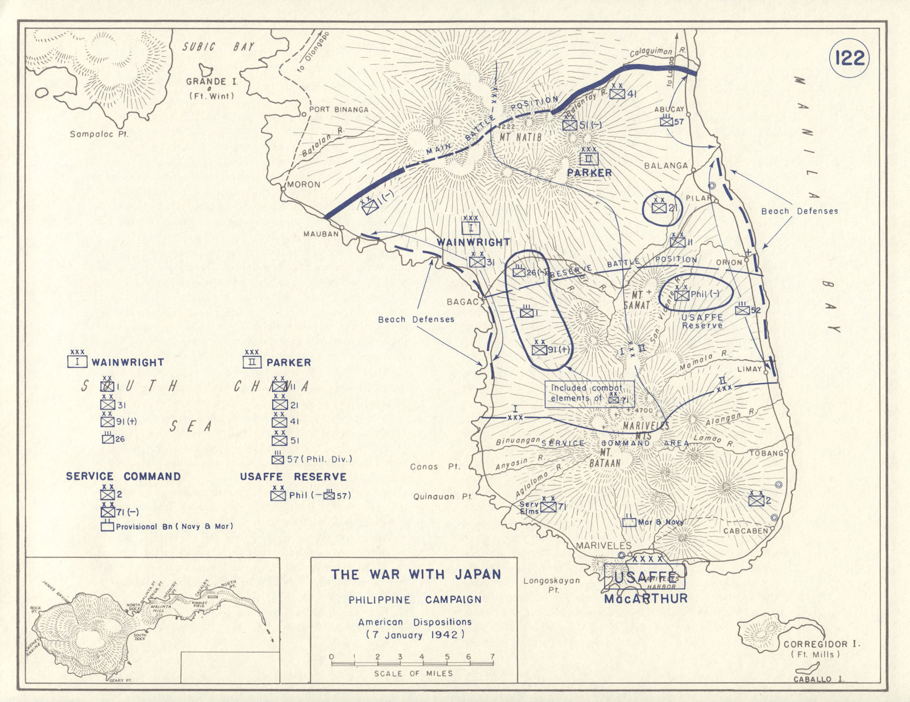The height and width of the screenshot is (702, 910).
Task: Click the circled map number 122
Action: tap(850, 58)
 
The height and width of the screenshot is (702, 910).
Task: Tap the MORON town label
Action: tap(303, 184)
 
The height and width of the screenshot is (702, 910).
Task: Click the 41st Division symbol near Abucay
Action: tap(618, 94)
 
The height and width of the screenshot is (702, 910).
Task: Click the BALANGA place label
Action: tap(665, 165)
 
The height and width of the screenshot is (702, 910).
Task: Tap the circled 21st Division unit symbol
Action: tap(659, 208)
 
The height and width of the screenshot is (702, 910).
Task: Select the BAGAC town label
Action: tap(462, 301)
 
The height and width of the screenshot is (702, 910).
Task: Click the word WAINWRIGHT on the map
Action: tap(473, 242)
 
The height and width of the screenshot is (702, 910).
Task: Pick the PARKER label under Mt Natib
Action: tap(589, 173)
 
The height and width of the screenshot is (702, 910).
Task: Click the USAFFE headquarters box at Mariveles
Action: tap(644, 576)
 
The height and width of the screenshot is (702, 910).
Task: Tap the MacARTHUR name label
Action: tap(646, 599)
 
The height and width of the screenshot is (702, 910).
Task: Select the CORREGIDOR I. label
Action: tap(821, 645)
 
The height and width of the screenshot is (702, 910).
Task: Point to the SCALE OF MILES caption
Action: tap(413, 673)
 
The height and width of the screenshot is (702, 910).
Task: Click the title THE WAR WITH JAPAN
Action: tap(416, 575)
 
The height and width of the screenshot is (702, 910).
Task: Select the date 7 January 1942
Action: tap(415, 634)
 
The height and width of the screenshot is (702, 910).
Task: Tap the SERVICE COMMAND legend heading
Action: tap(123, 476)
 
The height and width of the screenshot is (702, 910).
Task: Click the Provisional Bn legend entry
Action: tap(174, 527)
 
